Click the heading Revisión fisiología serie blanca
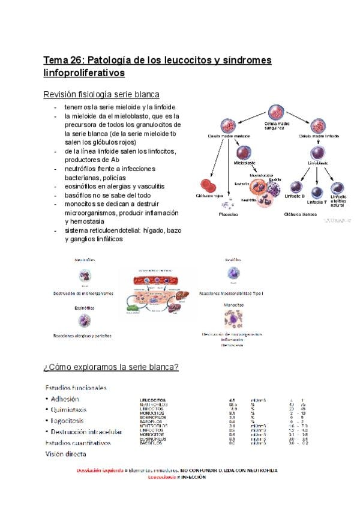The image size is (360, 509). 101,95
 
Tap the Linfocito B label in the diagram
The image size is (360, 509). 295,206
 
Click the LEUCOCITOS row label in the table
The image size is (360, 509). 153,399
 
